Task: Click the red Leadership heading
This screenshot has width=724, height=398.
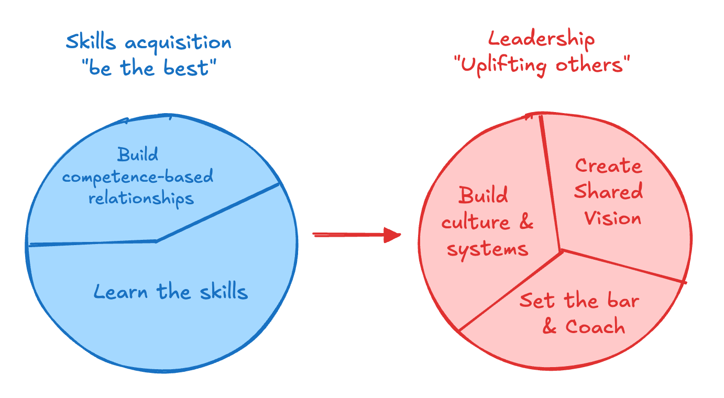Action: coord(541,40)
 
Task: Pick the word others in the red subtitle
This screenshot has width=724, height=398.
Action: coord(592,65)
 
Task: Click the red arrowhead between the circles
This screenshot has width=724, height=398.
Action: coord(392,235)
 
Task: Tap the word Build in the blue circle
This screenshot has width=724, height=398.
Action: coord(138,155)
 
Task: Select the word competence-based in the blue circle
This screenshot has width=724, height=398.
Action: coord(138,177)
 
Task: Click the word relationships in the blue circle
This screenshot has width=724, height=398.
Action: coord(141,198)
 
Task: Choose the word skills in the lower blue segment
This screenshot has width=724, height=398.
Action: coord(223,291)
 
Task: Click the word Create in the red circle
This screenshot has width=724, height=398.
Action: coord(608,166)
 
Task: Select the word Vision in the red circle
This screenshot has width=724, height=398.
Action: coord(612,217)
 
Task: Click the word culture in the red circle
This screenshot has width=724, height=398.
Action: coord(475,223)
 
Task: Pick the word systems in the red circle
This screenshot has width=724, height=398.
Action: coord(488,249)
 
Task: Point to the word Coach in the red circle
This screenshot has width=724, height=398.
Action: coord(595,327)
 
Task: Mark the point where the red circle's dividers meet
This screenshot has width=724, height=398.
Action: coord(562,250)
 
